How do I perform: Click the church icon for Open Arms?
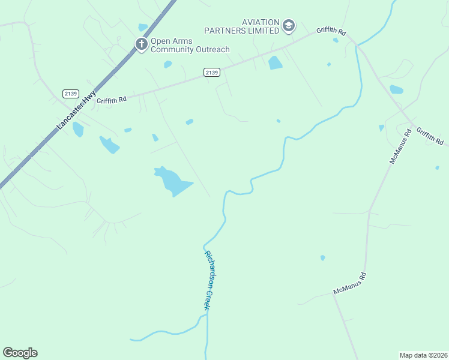[141, 44]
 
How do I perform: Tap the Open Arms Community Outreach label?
[190, 45]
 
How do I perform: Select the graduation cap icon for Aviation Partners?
[289, 26]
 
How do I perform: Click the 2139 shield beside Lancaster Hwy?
[70, 94]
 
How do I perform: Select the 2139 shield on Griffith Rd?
[211, 72]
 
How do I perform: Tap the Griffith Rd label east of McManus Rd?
[430, 136]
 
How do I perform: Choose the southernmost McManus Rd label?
[350, 284]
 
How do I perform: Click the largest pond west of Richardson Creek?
[173, 181]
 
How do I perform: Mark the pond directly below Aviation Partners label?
[275, 62]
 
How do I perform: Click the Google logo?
[20, 353]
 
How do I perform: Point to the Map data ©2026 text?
[423, 355]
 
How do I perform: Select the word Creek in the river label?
[207, 298]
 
